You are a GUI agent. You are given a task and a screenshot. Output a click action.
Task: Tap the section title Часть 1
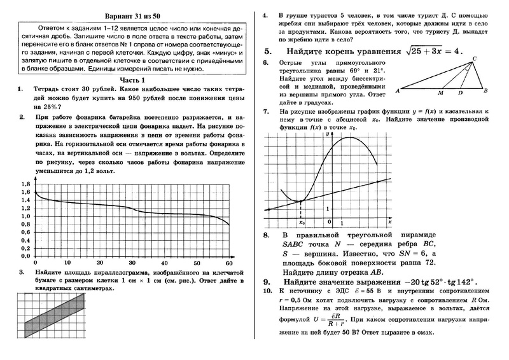click(x=134, y=80)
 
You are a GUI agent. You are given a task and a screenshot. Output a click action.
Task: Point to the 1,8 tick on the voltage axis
click(x=25, y=184)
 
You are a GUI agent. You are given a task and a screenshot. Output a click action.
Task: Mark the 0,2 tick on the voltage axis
click(x=25, y=248)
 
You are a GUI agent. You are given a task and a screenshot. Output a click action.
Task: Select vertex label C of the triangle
click(x=475, y=59)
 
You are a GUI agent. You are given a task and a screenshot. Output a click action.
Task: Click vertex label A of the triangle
click(x=398, y=91)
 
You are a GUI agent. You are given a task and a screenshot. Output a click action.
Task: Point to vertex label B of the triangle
click(x=485, y=91)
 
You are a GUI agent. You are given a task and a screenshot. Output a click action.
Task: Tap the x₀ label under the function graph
click(x=302, y=223)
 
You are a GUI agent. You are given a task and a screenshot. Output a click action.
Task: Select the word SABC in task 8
click(x=292, y=244)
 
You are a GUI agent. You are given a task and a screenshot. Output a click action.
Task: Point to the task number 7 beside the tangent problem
click(x=266, y=111)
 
